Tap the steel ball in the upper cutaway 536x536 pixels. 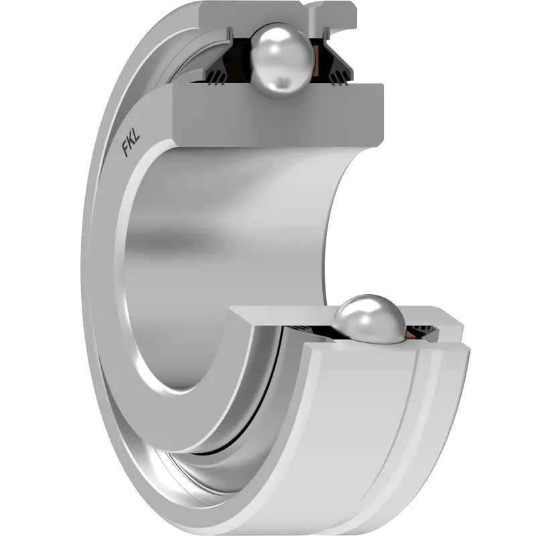pos(282,60)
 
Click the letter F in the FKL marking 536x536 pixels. pos(125,149)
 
